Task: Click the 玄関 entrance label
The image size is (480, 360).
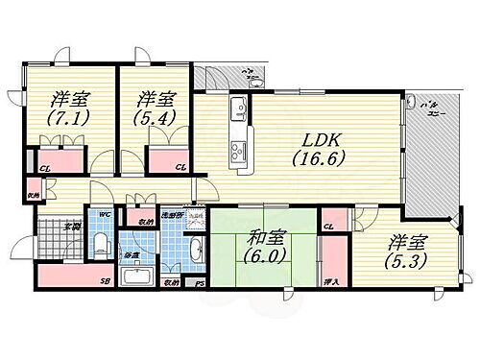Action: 72,228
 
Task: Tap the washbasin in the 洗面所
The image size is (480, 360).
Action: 196,251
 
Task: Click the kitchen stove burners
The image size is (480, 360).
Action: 237,149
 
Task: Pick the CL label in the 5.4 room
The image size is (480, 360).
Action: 180,169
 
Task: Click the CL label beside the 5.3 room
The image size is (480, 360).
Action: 329,226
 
